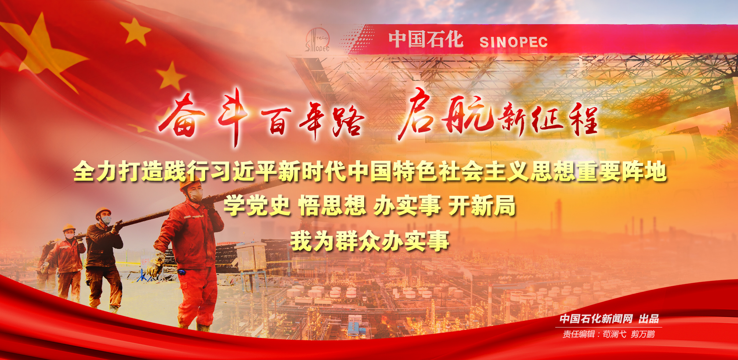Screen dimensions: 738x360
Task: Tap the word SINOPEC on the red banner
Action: (513, 42)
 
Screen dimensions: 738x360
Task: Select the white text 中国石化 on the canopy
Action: (426, 40)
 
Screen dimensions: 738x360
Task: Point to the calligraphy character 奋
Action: (182, 116)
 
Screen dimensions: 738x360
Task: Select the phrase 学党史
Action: (257, 206)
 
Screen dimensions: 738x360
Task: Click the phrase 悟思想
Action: (332, 206)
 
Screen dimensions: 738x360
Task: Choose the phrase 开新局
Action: (482, 206)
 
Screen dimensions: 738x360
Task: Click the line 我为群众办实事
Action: (369, 241)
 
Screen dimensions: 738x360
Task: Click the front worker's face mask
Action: (196, 195)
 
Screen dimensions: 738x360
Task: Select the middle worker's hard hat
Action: (102, 212)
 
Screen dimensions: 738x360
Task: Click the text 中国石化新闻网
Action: (596, 318)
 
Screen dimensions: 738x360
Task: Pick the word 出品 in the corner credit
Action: (649, 318)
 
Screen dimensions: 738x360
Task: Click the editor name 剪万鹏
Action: (642, 334)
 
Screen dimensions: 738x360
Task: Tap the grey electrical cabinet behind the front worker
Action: (251, 257)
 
